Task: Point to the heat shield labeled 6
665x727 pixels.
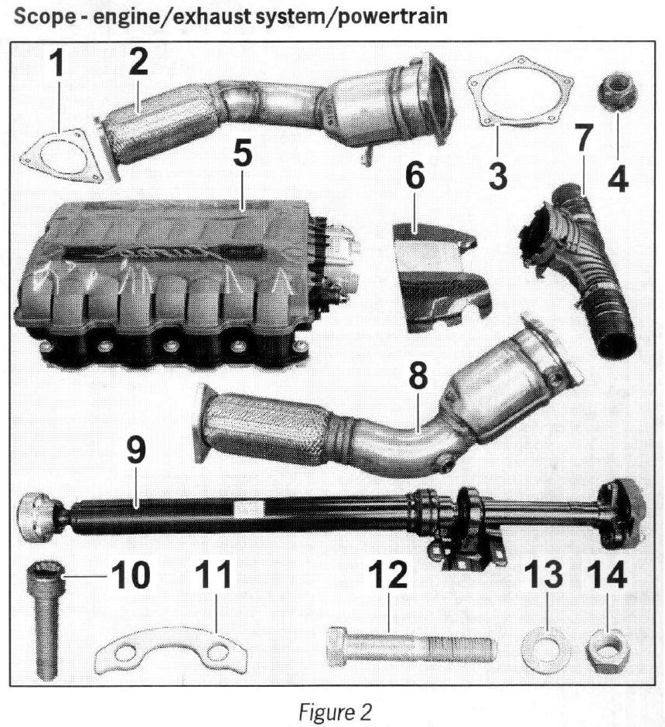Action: pos(440,278)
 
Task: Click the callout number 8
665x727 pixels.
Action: pos(418,377)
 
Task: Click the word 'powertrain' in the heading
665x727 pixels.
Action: pos(392,16)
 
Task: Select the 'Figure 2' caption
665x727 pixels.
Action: pos(335,712)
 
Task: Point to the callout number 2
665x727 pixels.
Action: pos(138,62)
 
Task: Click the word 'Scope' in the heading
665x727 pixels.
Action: pos(43,17)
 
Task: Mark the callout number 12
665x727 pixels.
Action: pos(388,574)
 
